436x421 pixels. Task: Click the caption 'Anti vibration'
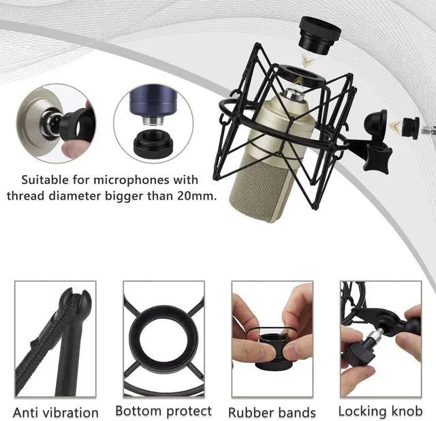point(57,412)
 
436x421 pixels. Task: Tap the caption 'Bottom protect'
point(163,411)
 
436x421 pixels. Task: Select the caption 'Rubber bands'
point(272,412)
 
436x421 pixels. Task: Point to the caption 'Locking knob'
point(380,411)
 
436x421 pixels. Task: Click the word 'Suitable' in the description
point(44,181)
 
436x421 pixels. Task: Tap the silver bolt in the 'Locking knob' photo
point(372,336)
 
